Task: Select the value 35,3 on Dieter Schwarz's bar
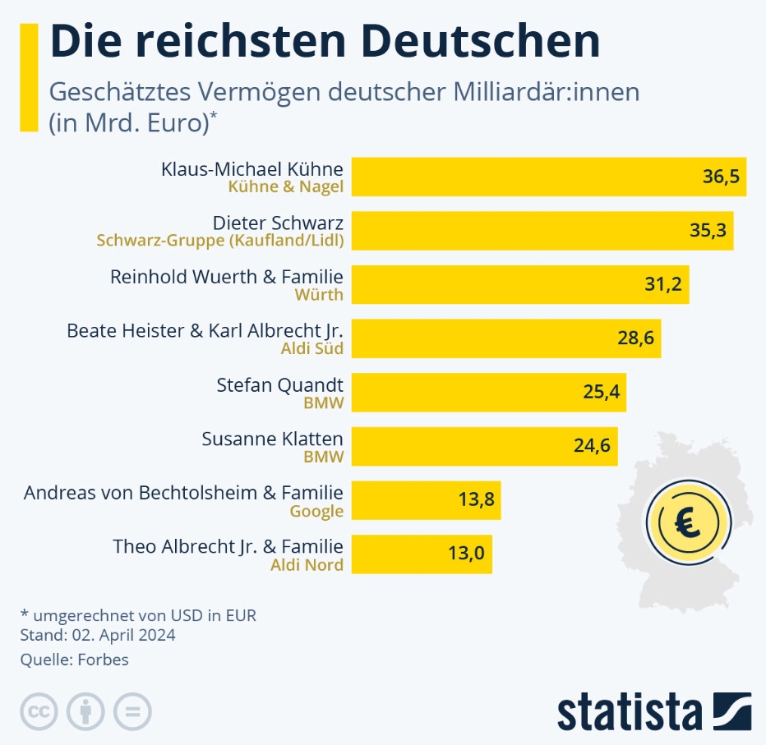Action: point(708,230)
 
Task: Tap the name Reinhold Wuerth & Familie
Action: point(226,277)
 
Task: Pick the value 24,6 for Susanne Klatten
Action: point(592,446)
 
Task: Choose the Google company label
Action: point(316,511)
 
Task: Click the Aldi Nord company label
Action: point(307,565)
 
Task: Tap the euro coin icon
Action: point(682,522)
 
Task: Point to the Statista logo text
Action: point(630,711)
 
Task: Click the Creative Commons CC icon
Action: point(38,711)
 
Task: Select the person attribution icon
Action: point(85,711)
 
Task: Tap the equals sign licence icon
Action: point(132,711)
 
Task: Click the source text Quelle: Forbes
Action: point(74,660)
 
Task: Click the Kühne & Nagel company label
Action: point(285,187)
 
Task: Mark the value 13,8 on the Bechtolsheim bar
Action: point(475,500)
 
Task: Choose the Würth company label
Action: point(321,294)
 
